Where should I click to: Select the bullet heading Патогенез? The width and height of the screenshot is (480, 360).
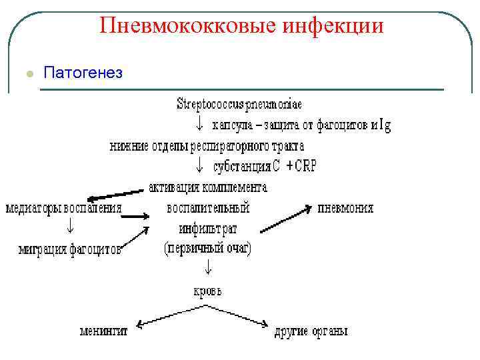point(83,72)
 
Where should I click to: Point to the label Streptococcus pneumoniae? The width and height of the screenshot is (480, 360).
point(239,104)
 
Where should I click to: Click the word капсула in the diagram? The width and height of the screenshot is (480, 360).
point(235,125)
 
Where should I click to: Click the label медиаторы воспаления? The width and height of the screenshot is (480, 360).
point(64,207)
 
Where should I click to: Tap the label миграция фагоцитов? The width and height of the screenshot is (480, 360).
point(70,250)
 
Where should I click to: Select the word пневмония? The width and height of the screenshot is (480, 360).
point(346,207)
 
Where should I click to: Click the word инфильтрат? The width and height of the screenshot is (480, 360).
point(207,229)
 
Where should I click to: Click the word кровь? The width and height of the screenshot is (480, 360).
point(207,291)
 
